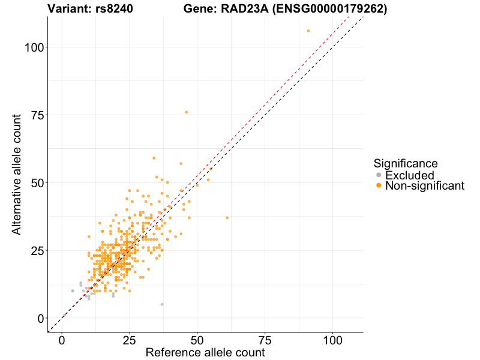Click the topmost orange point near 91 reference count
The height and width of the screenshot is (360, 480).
[x=308, y=31]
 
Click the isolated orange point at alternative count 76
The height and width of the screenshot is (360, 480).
[x=187, y=112]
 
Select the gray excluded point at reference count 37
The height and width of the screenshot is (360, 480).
[x=162, y=304]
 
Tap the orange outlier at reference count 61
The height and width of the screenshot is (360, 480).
[x=227, y=218]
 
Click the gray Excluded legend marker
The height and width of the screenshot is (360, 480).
[x=378, y=175]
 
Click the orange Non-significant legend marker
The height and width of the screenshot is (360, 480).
[x=378, y=186]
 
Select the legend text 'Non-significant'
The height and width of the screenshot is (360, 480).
[x=425, y=186]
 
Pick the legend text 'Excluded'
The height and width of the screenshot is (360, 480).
[x=409, y=175]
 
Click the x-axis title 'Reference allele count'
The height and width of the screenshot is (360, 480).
[x=205, y=352]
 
